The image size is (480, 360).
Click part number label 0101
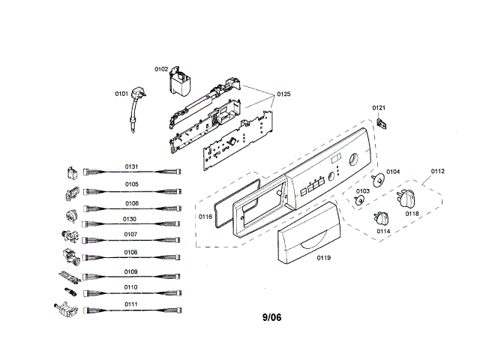121,94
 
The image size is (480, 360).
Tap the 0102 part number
161,69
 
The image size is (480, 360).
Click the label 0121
379,108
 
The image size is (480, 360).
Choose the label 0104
393,172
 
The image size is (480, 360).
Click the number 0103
362,191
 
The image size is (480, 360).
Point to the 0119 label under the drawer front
324,258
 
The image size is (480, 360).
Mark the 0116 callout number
206,217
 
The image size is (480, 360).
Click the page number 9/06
272,317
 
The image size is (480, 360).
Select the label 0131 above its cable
131,166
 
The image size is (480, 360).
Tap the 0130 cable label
131,219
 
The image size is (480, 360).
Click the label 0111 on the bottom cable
131,303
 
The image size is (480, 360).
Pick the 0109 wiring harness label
131,271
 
